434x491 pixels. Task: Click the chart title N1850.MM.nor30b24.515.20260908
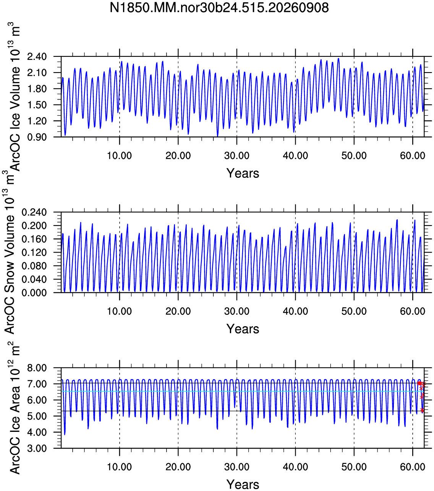pos(219,8)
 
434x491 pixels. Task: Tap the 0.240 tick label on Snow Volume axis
pos(34,212)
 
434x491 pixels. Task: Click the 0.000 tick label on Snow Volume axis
pos(34,293)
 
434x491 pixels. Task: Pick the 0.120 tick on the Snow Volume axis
pos(34,253)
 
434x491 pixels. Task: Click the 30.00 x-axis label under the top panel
pos(236,156)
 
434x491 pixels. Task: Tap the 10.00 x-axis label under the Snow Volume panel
pos(119,311)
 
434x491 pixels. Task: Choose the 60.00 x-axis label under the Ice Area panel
pos(413,467)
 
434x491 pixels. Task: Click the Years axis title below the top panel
pos(243,173)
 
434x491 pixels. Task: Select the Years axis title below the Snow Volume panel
pos(243,329)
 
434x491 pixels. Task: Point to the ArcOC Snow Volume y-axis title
pos(9,252)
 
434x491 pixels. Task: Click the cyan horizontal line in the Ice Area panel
pos(243,391)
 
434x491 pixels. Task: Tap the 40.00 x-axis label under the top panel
pos(295,156)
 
